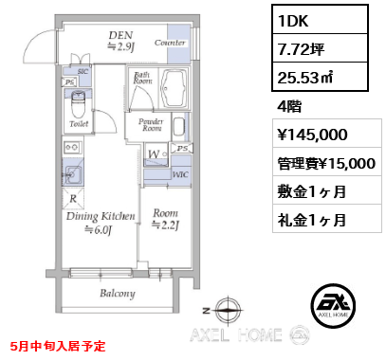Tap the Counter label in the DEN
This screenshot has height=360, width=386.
pyautogui.click(x=170, y=44)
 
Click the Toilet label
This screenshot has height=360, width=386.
pyautogui.click(x=79, y=123)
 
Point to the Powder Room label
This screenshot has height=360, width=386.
pyautogui.click(x=151, y=126)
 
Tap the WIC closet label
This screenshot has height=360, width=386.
pyautogui.click(x=181, y=174)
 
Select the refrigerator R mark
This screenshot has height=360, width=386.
pyautogui.click(x=73, y=199)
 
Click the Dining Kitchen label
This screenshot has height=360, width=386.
pyautogui.click(x=100, y=217)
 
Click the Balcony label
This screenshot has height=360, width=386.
pyautogui.click(x=118, y=293)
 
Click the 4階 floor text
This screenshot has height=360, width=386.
pyautogui.click(x=290, y=106)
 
